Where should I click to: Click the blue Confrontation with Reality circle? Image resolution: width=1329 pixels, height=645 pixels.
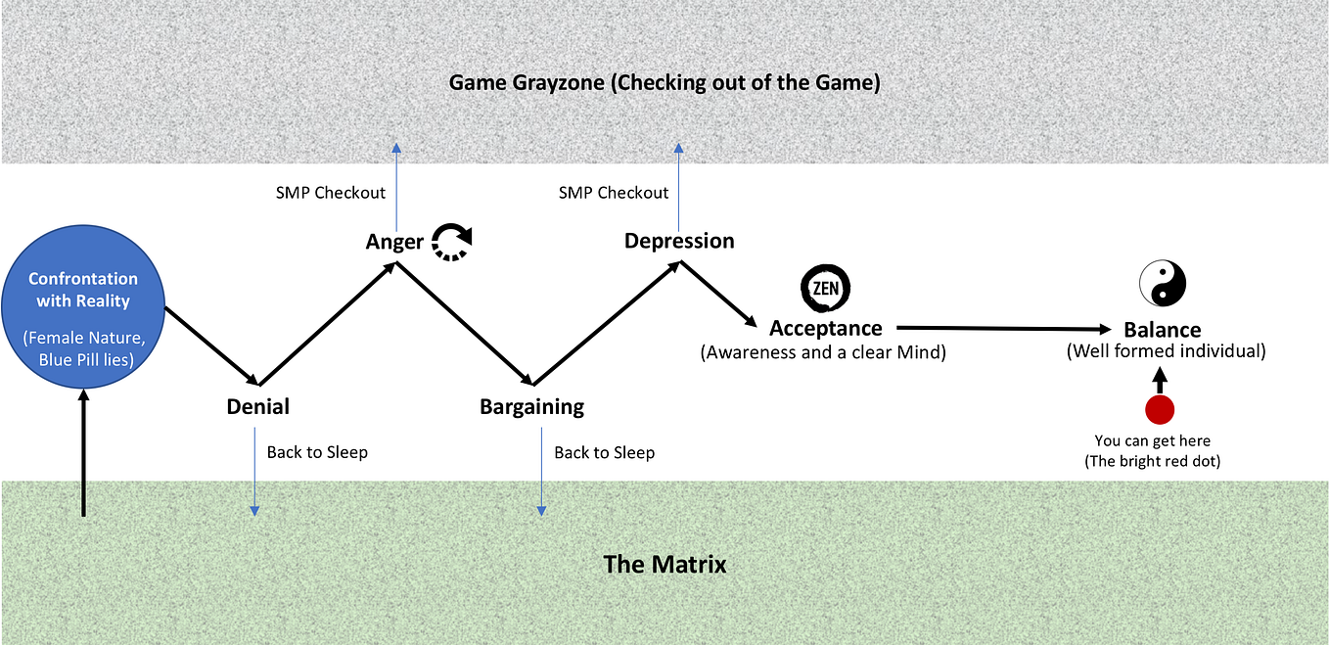83,306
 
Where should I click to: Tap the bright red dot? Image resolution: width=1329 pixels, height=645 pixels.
1160,409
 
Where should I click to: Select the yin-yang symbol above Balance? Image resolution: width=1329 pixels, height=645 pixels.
1163,283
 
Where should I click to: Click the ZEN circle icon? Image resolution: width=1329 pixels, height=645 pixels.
825,288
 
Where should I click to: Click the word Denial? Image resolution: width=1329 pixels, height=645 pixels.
258,406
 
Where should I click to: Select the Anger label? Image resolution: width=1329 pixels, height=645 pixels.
394,242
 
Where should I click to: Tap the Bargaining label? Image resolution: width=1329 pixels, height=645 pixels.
532,407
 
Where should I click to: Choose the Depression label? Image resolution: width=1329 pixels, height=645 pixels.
679,241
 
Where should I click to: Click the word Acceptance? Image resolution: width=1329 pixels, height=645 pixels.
826,328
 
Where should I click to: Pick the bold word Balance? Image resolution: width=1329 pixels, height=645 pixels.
1163,329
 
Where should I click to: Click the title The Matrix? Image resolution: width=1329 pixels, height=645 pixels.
664,564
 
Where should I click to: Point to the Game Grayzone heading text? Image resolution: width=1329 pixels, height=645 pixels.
664,82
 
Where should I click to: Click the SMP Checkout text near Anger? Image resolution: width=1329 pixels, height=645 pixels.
331,193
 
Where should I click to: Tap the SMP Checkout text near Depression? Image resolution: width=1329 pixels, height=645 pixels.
614,193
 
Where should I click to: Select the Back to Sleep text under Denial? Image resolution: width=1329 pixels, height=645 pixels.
317,452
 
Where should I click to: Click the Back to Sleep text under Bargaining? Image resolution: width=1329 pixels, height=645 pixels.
605,453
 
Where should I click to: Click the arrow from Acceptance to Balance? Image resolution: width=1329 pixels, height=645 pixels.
1004,328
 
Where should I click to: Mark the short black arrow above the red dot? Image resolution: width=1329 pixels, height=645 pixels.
1160,381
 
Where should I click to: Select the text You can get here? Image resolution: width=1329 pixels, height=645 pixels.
1152,440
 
